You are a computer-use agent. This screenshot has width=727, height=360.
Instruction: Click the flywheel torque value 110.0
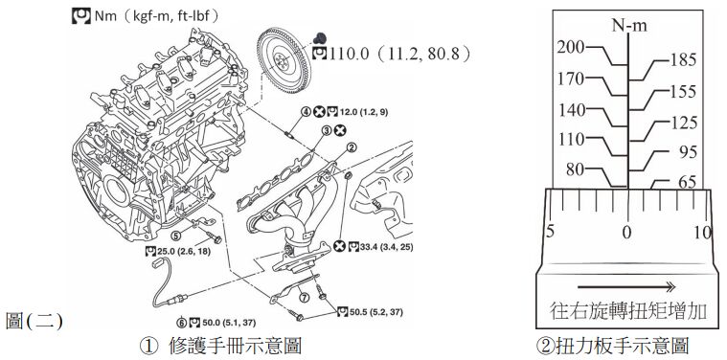coord(349,55)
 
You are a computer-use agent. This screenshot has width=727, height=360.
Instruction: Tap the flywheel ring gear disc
coord(284,59)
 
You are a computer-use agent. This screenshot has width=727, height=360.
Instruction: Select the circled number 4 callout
coord(306,112)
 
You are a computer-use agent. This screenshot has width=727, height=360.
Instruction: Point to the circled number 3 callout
coord(327,130)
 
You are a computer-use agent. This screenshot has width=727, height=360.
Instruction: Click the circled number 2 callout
coord(352,148)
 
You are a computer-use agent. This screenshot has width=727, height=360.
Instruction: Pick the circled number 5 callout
coord(175,236)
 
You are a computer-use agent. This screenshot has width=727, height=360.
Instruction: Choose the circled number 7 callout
coord(304,298)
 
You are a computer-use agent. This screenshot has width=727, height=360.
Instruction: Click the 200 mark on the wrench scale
coord(571,47)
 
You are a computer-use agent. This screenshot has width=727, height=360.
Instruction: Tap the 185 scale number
coord(683,59)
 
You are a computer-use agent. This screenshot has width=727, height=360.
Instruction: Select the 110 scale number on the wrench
coord(572,139)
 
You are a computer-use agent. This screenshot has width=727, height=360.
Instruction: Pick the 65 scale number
coord(687,182)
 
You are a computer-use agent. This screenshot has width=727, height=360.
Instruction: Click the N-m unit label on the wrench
coord(628,26)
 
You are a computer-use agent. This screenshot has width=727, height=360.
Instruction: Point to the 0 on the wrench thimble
coord(626,232)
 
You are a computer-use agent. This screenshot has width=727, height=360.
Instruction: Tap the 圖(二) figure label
coord(34,321)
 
